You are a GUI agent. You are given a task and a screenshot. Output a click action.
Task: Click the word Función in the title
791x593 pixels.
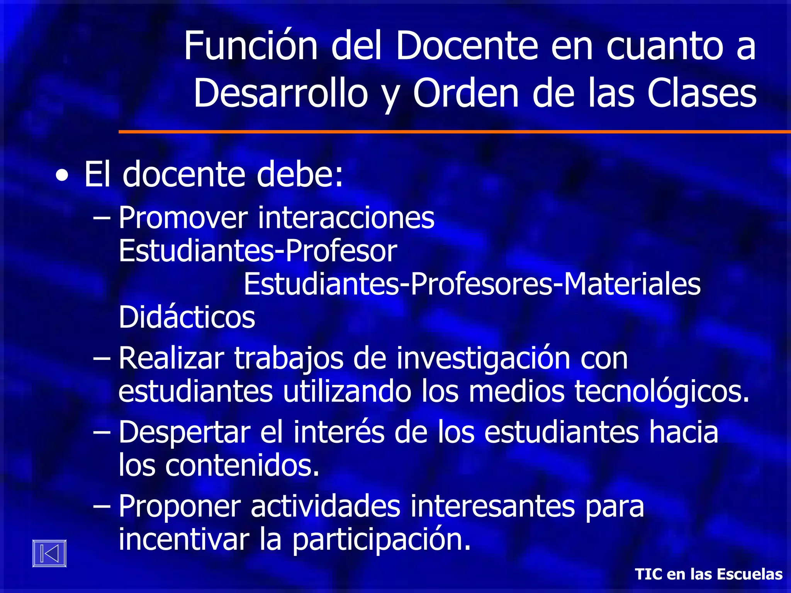pyautogui.click(x=251, y=46)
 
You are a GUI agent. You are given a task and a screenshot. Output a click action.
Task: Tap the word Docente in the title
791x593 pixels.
pyautogui.click(x=467, y=46)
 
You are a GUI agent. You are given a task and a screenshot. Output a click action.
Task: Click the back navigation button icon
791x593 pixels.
pyautogui.click(x=49, y=553)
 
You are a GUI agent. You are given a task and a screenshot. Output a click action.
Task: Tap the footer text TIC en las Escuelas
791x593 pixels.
pyautogui.click(x=709, y=574)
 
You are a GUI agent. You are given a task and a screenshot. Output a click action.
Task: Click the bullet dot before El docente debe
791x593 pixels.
pyautogui.click(x=62, y=176)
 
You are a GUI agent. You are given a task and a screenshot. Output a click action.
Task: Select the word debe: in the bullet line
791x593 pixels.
pyautogui.click(x=300, y=175)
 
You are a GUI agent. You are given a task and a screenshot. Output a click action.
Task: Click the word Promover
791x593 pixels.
pyautogui.click(x=183, y=218)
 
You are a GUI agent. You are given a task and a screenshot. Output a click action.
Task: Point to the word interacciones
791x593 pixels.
pyautogui.click(x=346, y=218)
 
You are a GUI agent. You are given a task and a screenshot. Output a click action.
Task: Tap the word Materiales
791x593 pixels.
pyautogui.click(x=632, y=284)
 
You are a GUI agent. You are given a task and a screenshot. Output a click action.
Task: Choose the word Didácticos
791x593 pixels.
pyautogui.click(x=187, y=317)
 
